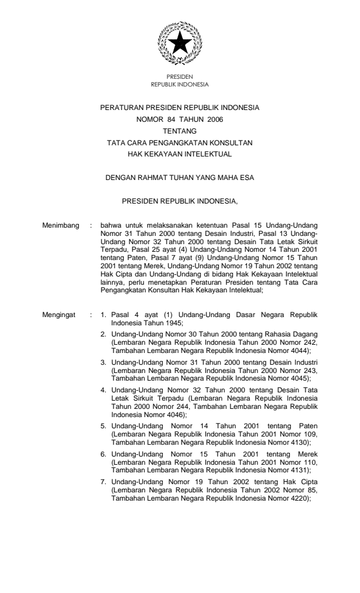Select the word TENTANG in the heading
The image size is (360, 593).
[180, 130]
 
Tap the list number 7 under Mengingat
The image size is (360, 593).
[104, 448]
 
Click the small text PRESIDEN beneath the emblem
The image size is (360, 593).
[179, 76]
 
